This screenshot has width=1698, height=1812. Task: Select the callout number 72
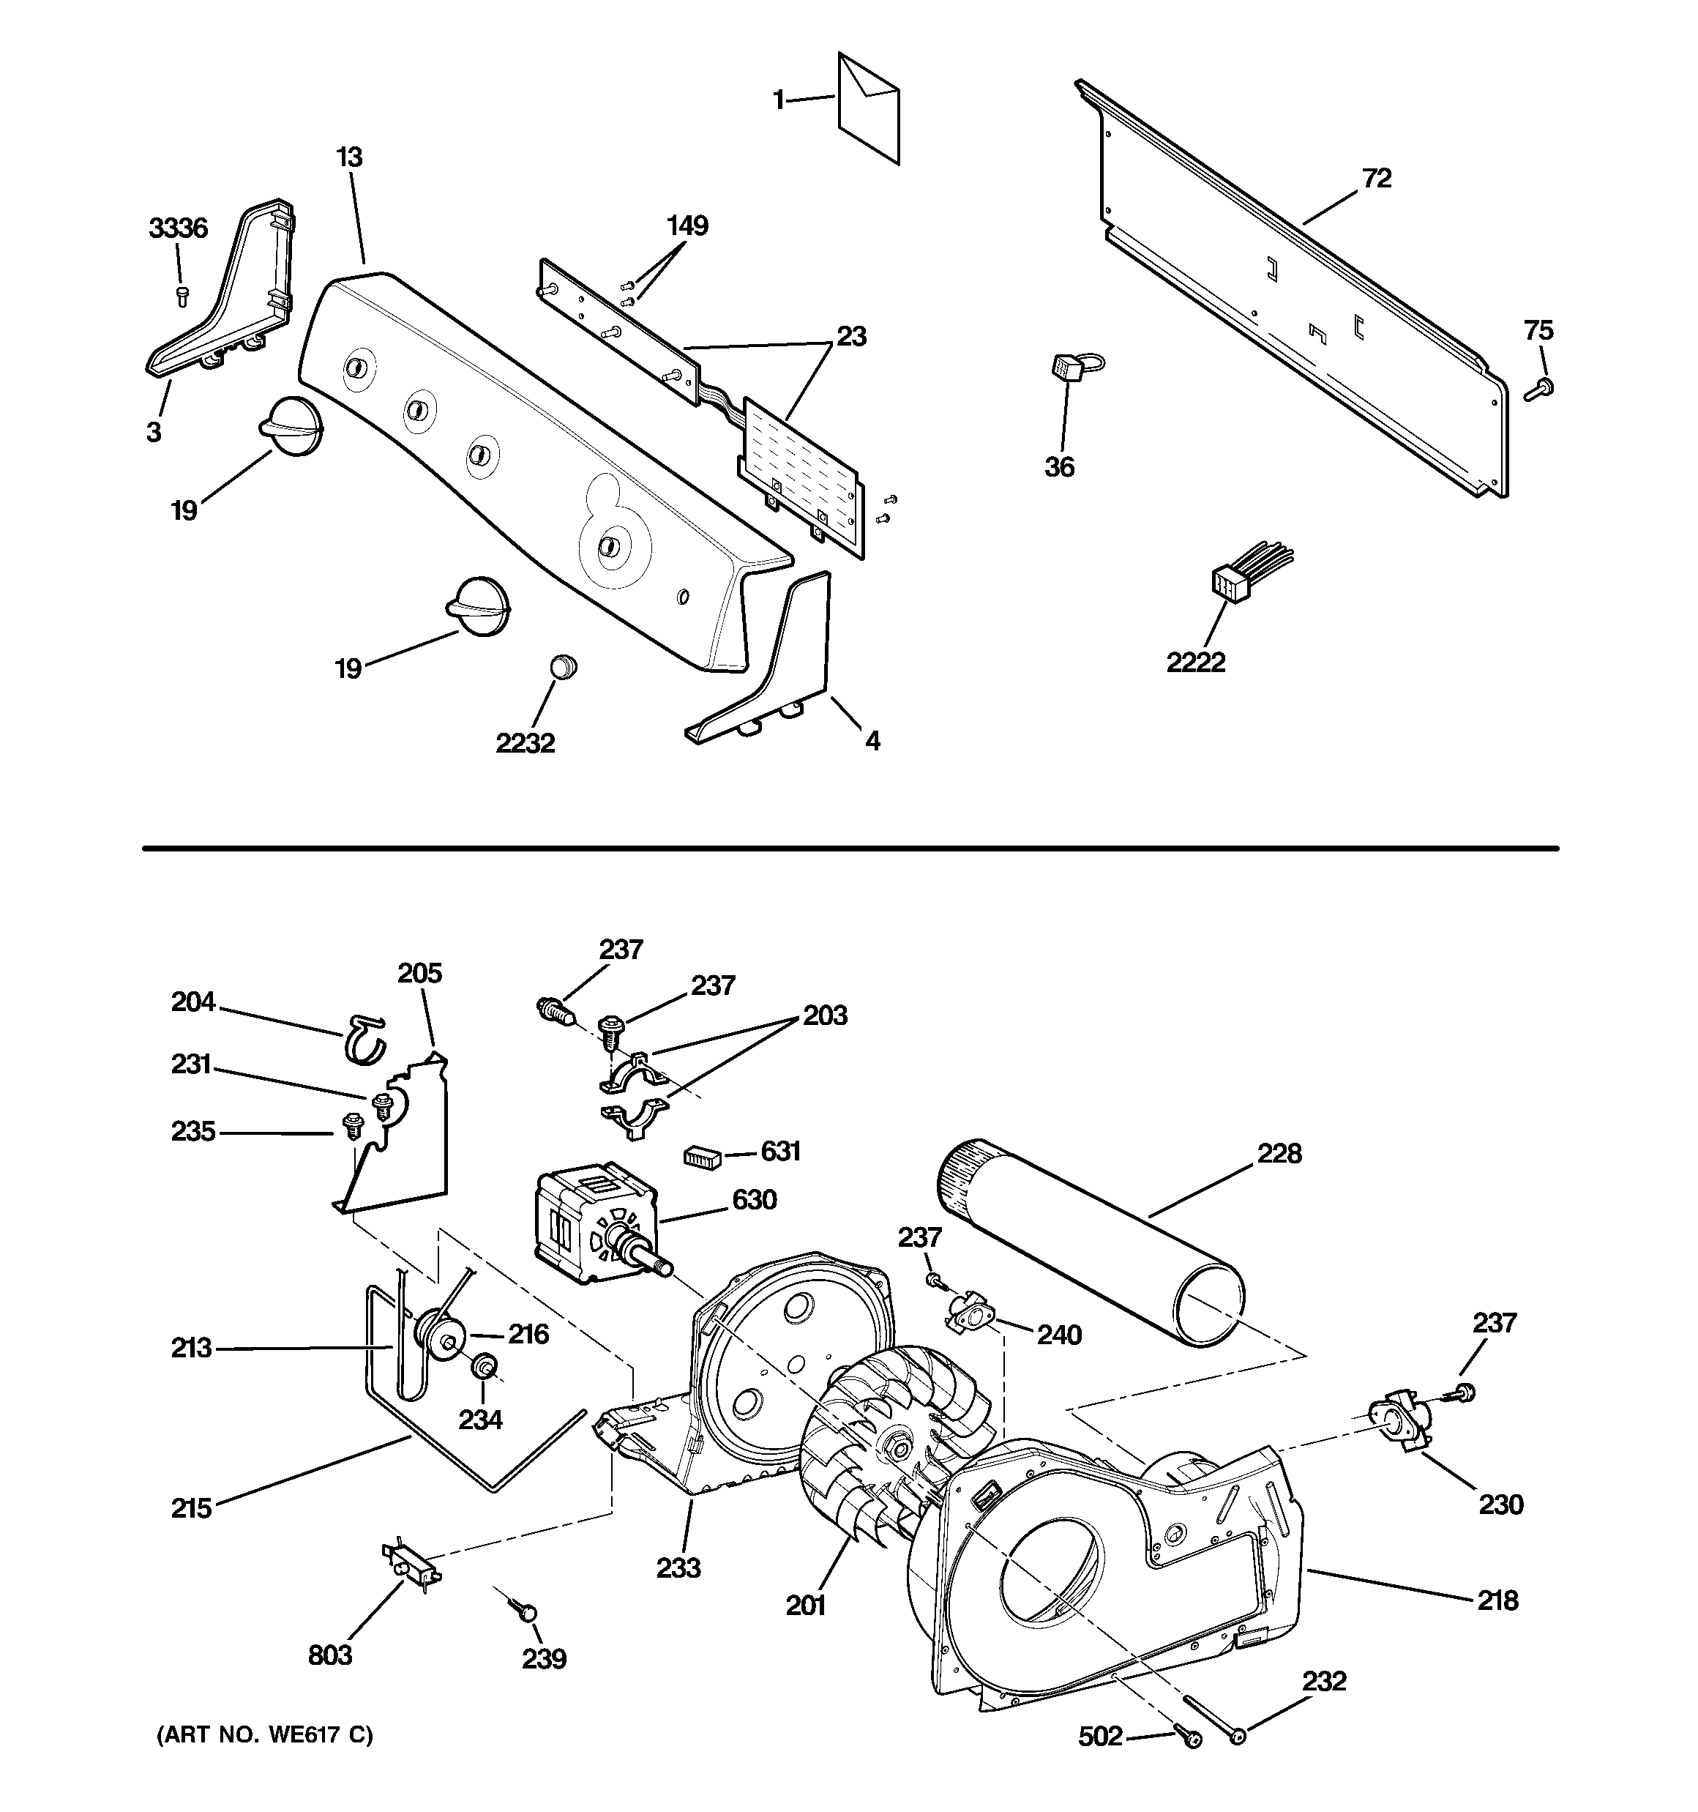tap(1376, 179)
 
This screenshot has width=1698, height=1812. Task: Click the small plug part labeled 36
tap(1063, 368)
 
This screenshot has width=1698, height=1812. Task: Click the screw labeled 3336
tap(182, 294)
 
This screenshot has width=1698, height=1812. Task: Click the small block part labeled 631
tap(702, 1157)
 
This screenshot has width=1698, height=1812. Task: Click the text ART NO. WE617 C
tap(264, 1734)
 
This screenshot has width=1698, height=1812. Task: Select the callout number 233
tap(678, 1567)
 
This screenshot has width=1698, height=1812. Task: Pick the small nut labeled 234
tap(483, 1367)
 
